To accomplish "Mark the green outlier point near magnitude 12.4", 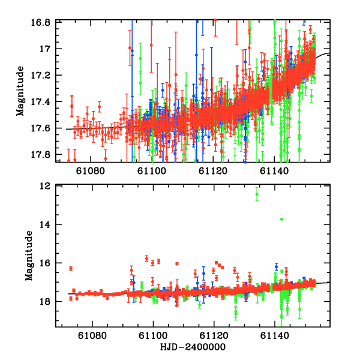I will (x=257, y=194).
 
